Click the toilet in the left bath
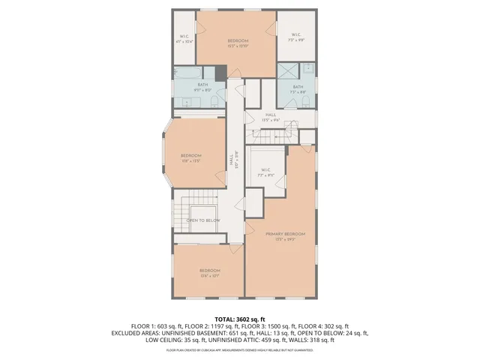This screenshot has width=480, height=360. tap(214, 101)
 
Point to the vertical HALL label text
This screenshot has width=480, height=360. tap(231, 160)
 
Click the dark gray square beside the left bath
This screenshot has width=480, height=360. tap(220, 73)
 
